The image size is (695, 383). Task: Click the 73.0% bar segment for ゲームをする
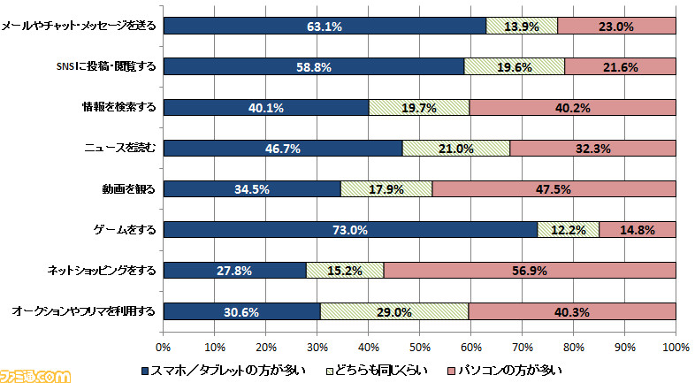350,230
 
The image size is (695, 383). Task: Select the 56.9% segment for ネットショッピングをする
530,271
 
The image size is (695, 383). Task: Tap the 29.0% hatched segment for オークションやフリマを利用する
394,311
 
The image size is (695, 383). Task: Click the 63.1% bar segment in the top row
325,27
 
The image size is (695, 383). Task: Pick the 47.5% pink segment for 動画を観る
554,189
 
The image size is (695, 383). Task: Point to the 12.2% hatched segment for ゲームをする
569,230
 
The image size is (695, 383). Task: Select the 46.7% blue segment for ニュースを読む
283,149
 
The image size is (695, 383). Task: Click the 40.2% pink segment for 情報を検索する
572,108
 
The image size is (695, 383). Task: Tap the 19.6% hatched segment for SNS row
514,67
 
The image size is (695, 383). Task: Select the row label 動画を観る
129,188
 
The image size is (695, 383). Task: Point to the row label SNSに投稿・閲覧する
105,66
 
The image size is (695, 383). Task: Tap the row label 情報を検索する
117,107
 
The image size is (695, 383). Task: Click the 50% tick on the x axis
419,346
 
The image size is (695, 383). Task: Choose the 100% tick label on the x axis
675,346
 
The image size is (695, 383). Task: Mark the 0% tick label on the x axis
164,346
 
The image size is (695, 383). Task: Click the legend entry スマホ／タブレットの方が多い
223,368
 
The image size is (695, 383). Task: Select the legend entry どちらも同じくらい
378,368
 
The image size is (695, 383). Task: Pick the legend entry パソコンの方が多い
503,368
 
